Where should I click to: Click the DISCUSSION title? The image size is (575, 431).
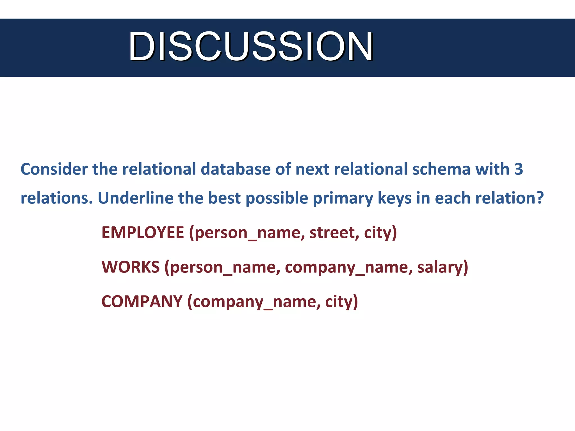pos(251,47)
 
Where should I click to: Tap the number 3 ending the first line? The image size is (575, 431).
pos(519,169)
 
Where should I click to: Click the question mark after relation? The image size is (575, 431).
pos(540,198)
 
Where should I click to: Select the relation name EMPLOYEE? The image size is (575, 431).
pos(143,233)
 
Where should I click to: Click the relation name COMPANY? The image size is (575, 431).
pos(142,302)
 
